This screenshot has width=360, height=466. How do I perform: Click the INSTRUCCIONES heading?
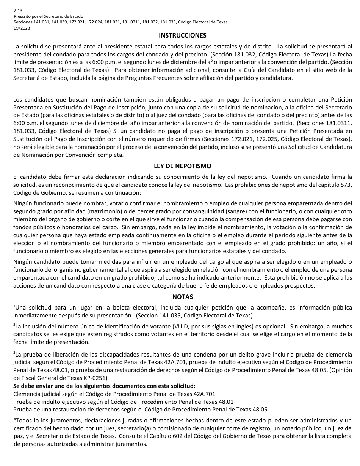[182, 35]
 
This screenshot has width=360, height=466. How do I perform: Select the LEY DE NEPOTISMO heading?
[182, 166]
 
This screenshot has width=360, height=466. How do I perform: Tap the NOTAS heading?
[182, 297]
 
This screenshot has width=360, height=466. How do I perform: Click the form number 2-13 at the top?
[18, 11]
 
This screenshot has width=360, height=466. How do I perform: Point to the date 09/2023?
[21, 28]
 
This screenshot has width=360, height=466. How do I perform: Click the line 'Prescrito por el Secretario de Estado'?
[48, 17]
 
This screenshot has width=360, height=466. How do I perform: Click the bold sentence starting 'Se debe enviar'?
[104, 386]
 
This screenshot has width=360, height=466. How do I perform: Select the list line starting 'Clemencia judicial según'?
[114, 394]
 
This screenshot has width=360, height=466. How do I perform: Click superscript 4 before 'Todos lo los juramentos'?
[15, 419]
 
